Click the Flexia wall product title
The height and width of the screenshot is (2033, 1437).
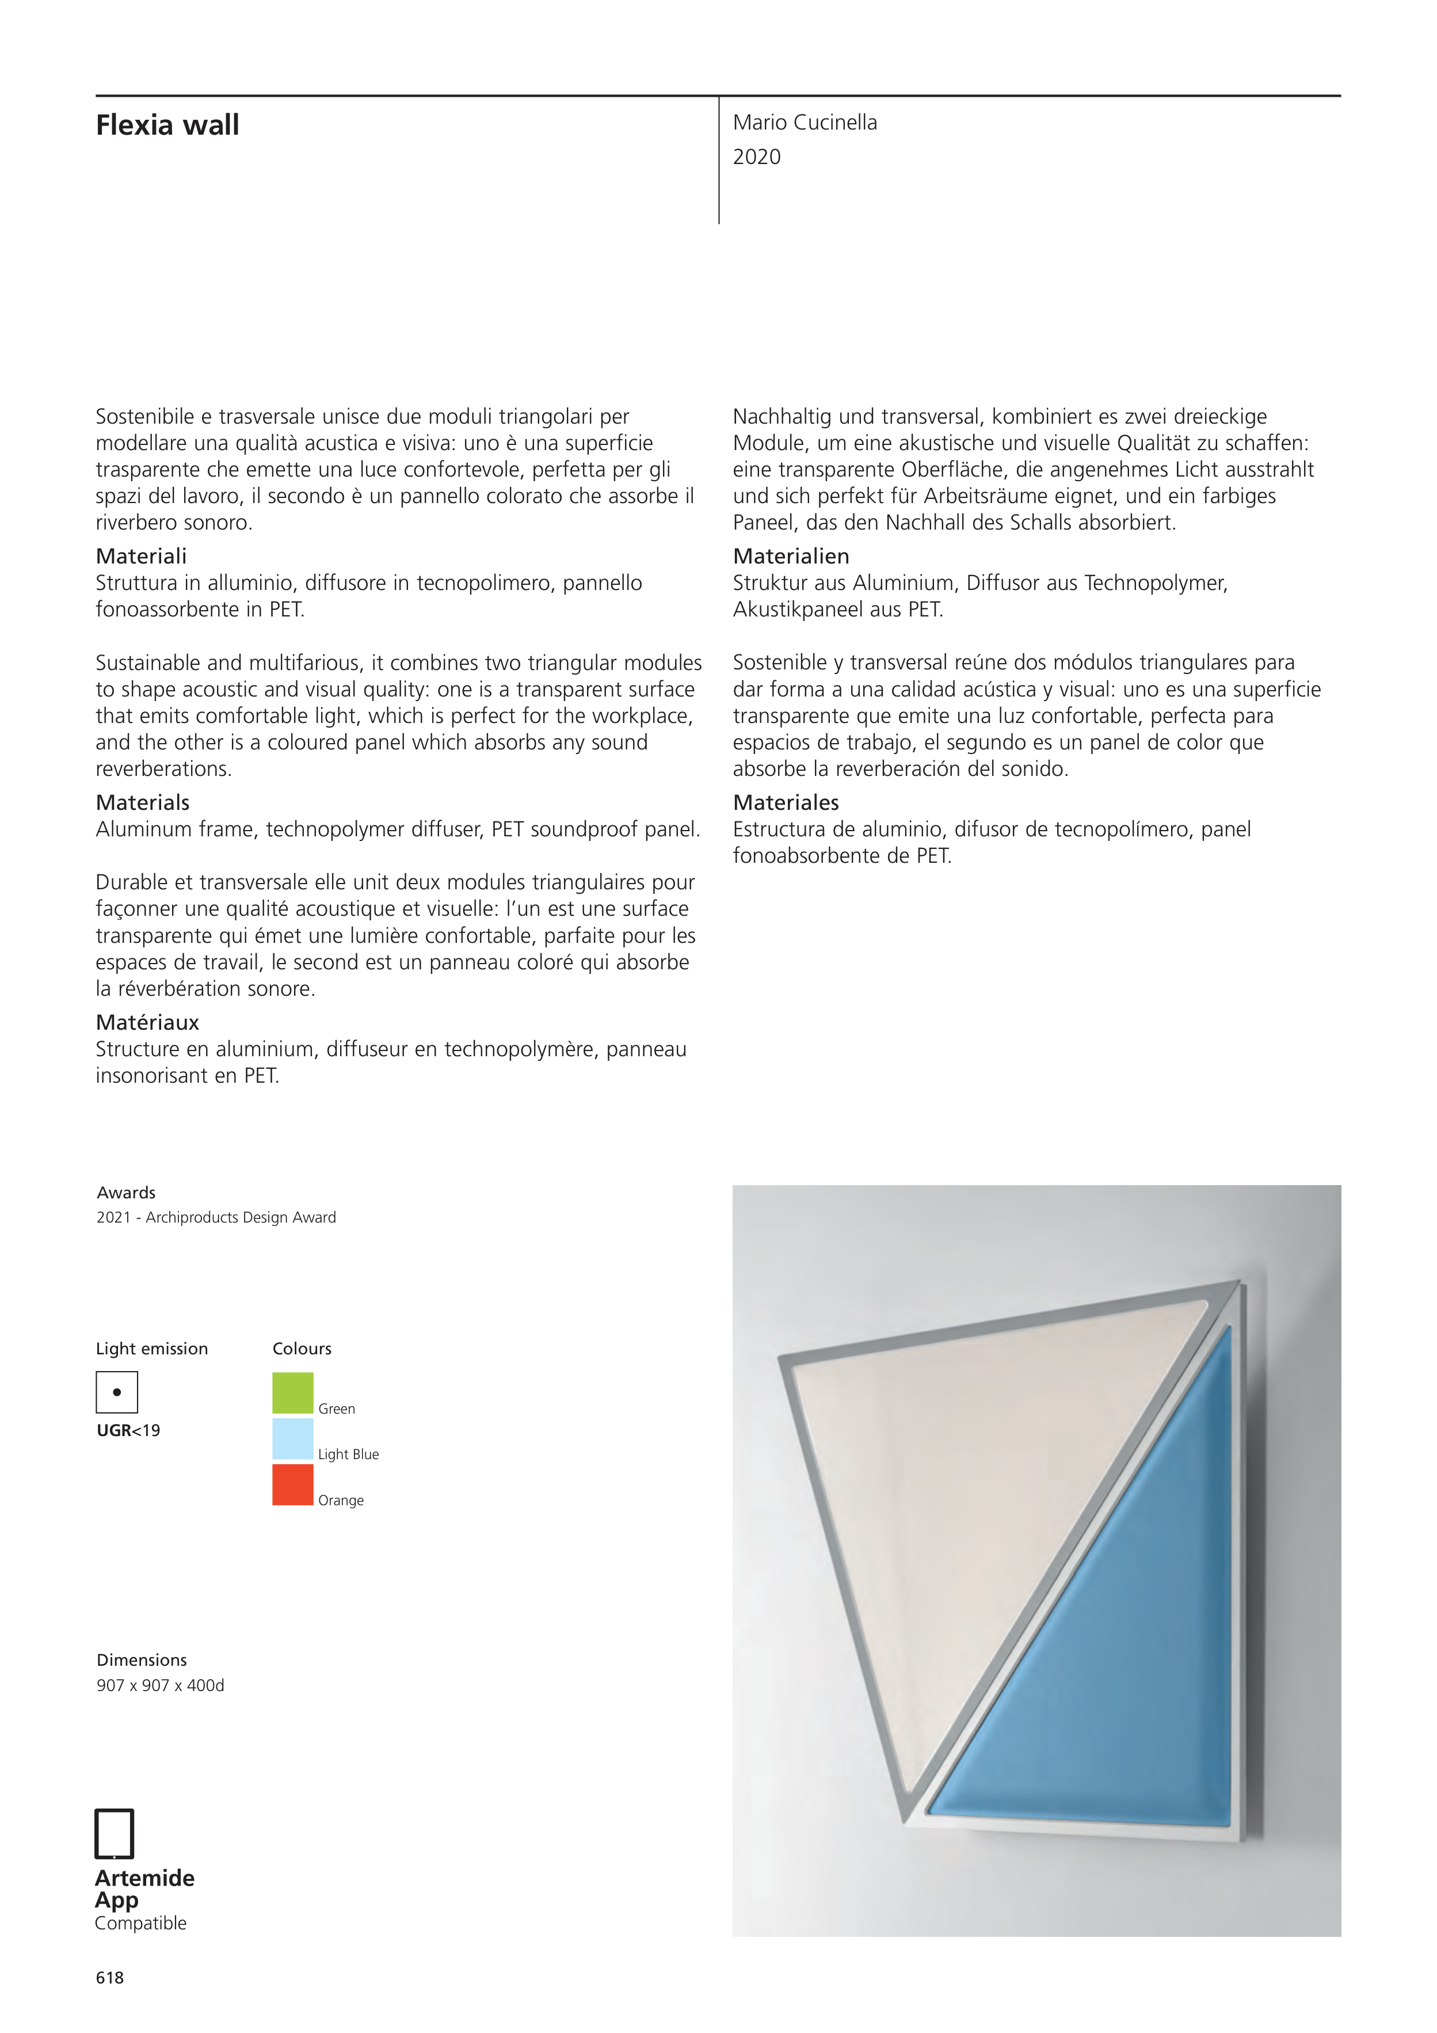[167, 125]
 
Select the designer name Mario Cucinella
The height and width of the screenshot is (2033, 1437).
[804, 123]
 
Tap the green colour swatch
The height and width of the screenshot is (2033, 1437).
[292, 1393]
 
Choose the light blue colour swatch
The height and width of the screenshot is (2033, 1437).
[292, 1439]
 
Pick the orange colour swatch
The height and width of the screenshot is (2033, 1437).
[292, 1485]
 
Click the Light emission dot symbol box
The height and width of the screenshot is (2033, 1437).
[117, 1392]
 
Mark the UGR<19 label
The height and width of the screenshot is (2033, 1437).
[128, 1431]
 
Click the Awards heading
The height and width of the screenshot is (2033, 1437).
[125, 1193]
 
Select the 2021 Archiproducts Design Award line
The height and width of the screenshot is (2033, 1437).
[216, 1217]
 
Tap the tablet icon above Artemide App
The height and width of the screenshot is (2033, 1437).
[114, 1834]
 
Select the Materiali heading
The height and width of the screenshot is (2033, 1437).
[141, 556]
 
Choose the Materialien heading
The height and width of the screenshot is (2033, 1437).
[791, 556]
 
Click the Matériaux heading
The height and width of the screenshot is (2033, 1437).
[147, 1023]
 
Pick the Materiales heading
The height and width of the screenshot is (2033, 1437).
[786, 803]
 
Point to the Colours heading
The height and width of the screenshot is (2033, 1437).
[302, 1349]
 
